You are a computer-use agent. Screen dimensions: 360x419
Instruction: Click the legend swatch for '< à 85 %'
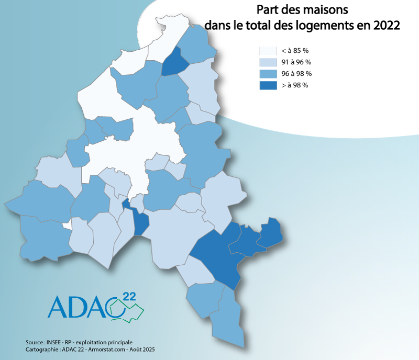(x=268, y=51)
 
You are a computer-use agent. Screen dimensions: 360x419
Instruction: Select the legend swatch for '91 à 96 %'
(x=268, y=63)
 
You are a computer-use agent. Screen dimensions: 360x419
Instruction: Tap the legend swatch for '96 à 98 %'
(x=268, y=74)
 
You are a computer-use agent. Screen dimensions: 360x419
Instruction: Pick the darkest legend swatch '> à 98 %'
(x=268, y=85)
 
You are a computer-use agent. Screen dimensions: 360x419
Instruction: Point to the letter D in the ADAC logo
(x=79, y=307)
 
